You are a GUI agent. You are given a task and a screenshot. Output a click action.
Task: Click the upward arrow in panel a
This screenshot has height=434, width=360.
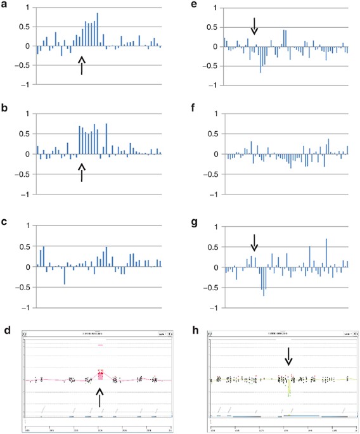[81, 65]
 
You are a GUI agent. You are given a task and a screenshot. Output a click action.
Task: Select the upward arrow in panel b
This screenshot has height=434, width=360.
[81, 172]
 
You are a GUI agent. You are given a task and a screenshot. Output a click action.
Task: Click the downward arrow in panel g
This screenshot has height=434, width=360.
[254, 242]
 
